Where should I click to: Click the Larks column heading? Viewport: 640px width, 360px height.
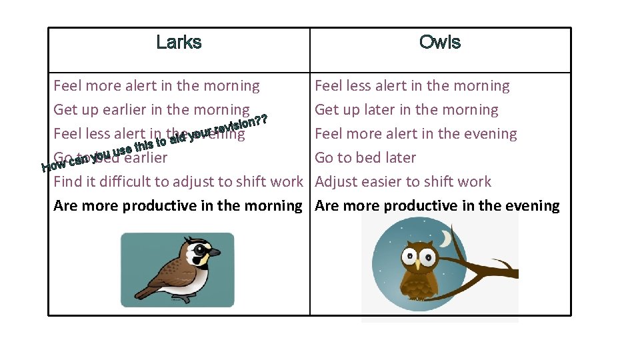tap(179, 43)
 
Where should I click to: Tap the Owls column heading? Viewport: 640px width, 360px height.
tap(440, 43)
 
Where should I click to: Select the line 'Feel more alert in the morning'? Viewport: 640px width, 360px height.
tap(157, 86)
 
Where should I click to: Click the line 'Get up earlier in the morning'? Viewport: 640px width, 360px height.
tap(151, 110)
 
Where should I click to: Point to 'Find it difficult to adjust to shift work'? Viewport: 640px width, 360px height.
tap(178, 182)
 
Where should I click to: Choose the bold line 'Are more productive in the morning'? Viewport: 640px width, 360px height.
tap(178, 206)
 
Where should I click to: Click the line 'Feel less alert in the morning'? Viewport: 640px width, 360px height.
tap(412, 86)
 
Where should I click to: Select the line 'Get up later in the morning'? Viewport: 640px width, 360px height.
tap(407, 110)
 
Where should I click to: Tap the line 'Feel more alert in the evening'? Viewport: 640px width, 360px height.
tap(416, 134)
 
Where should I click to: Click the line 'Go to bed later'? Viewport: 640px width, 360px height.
tap(365, 158)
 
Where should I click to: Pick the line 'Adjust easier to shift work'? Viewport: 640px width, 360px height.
tap(403, 182)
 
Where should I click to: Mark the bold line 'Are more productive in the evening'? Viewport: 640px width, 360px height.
tap(437, 206)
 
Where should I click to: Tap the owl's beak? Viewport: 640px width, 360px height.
tap(419, 265)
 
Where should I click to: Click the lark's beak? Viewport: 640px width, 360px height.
tap(214, 253)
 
